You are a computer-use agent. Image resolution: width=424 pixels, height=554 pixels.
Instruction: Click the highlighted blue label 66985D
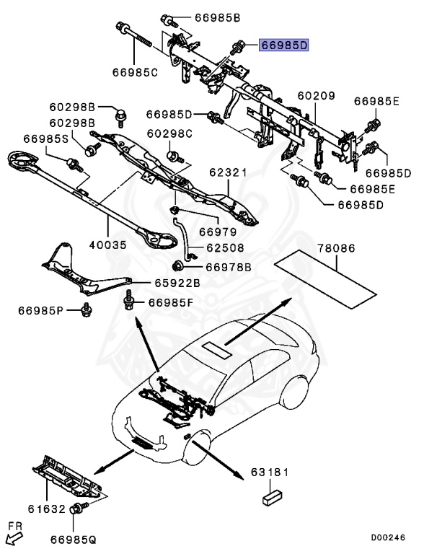click(x=284, y=45)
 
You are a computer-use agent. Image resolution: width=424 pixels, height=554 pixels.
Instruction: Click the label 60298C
click(x=170, y=133)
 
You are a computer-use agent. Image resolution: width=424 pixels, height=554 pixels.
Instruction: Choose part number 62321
click(x=229, y=173)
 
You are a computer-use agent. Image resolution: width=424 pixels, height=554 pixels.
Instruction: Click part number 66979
click(x=218, y=232)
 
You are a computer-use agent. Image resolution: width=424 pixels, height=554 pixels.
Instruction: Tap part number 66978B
click(x=228, y=267)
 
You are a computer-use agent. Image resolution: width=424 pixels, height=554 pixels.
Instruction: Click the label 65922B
click(x=177, y=283)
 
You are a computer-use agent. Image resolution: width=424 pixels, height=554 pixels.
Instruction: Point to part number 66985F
click(x=171, y=302)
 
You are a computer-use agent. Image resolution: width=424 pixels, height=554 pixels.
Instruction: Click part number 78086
click(x=337, y=248)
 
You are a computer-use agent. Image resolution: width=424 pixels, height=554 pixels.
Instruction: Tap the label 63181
click(x=270, y=472)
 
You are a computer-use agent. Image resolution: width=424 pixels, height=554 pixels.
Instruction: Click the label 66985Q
click(x=74, y=538)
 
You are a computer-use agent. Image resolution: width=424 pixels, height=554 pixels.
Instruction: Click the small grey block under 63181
click(x=273, y=496)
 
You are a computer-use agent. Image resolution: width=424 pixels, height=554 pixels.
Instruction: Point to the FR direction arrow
click(x=13, y=535)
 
